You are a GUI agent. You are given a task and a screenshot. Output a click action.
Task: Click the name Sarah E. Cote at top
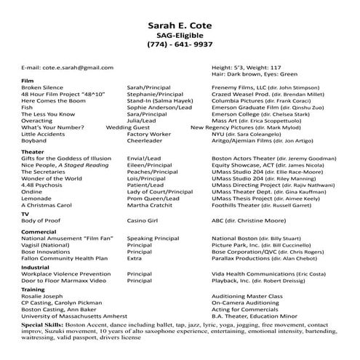coord(180,27)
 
